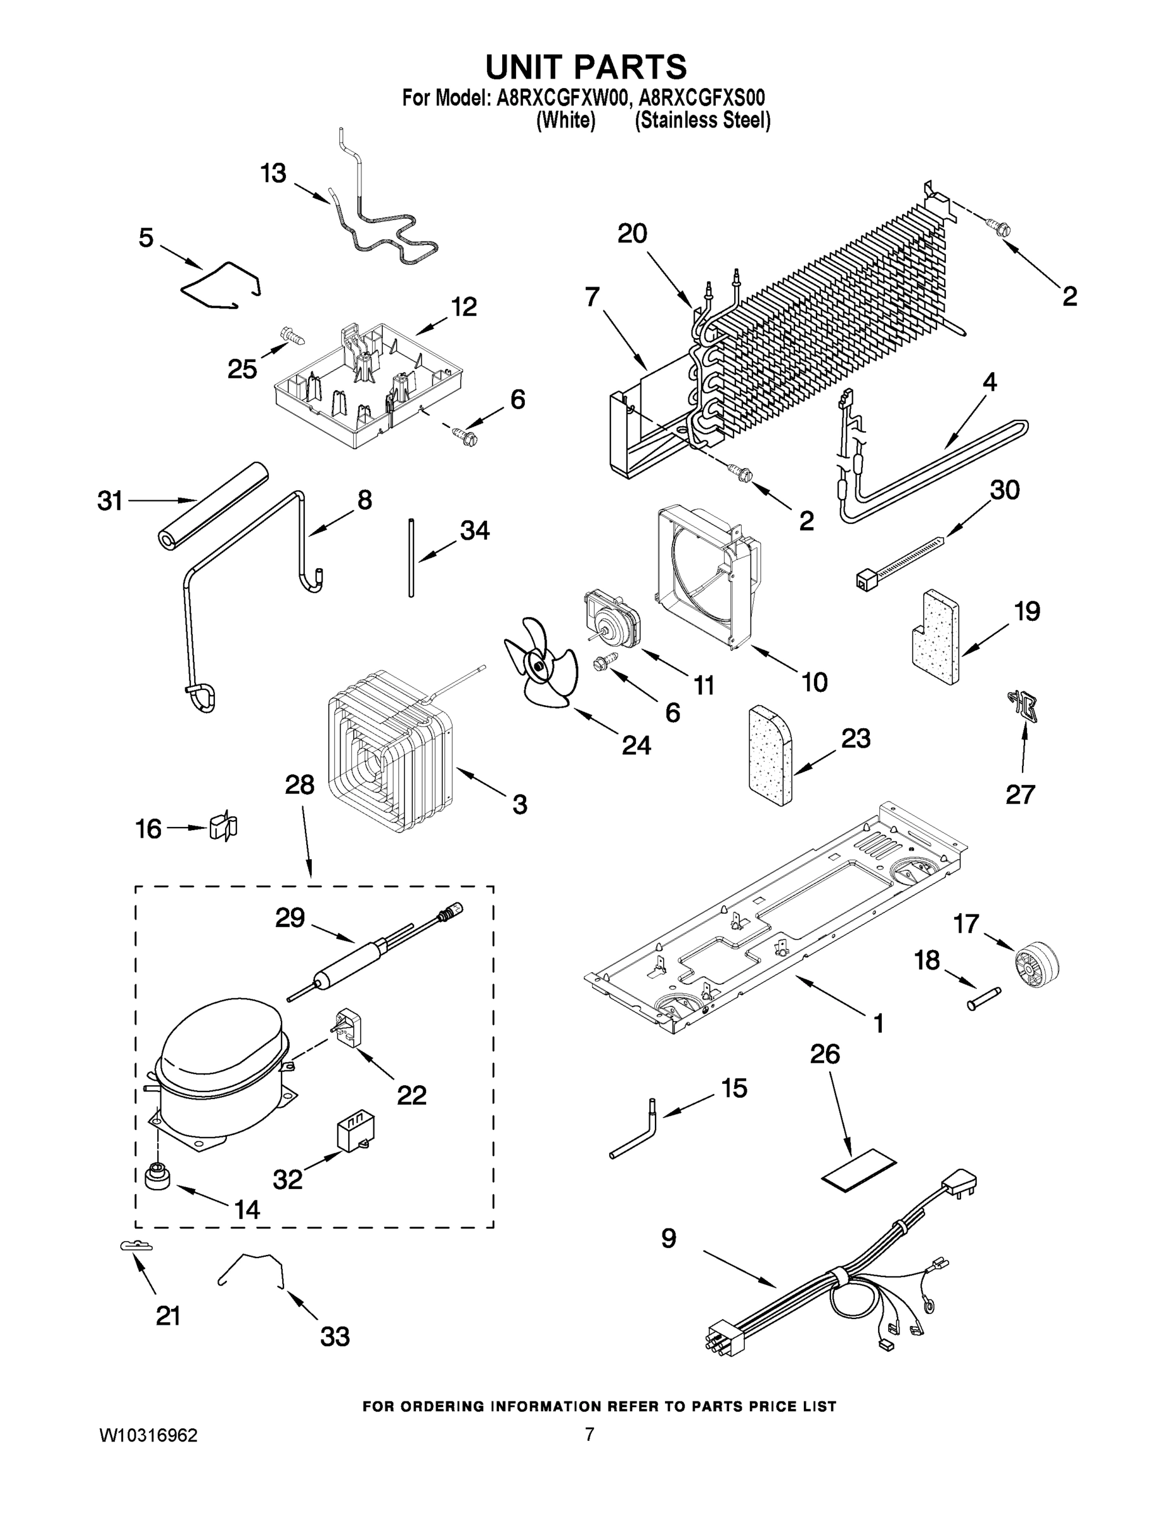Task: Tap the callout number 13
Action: [273, 173]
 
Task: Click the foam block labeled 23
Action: [770, 756]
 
